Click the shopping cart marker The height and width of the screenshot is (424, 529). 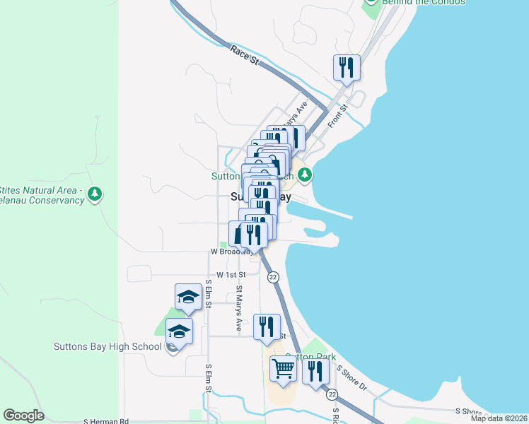point(283,369)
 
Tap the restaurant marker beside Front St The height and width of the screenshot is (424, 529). point(347,68)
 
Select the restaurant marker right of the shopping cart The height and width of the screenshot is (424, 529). point(315,370)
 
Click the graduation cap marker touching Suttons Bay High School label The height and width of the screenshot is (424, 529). point(179,332)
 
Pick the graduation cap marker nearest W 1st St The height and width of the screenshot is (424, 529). point(188,298)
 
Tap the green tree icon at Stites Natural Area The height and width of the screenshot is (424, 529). point(95,194)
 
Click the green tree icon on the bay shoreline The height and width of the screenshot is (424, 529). point(305,174)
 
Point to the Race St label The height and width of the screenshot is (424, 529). point(245,55)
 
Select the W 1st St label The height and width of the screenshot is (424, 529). point(231,274)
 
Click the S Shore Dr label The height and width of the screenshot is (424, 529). point(351,379)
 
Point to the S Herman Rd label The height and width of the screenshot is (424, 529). point(105,420)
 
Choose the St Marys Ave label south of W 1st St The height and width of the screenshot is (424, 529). point(239,308)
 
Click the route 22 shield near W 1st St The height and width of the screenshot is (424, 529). point(274,277)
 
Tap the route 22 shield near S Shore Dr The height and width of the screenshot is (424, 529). point(332,394)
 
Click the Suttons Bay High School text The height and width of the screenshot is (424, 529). point(107,346)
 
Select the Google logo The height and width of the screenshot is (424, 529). point(24,416)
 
